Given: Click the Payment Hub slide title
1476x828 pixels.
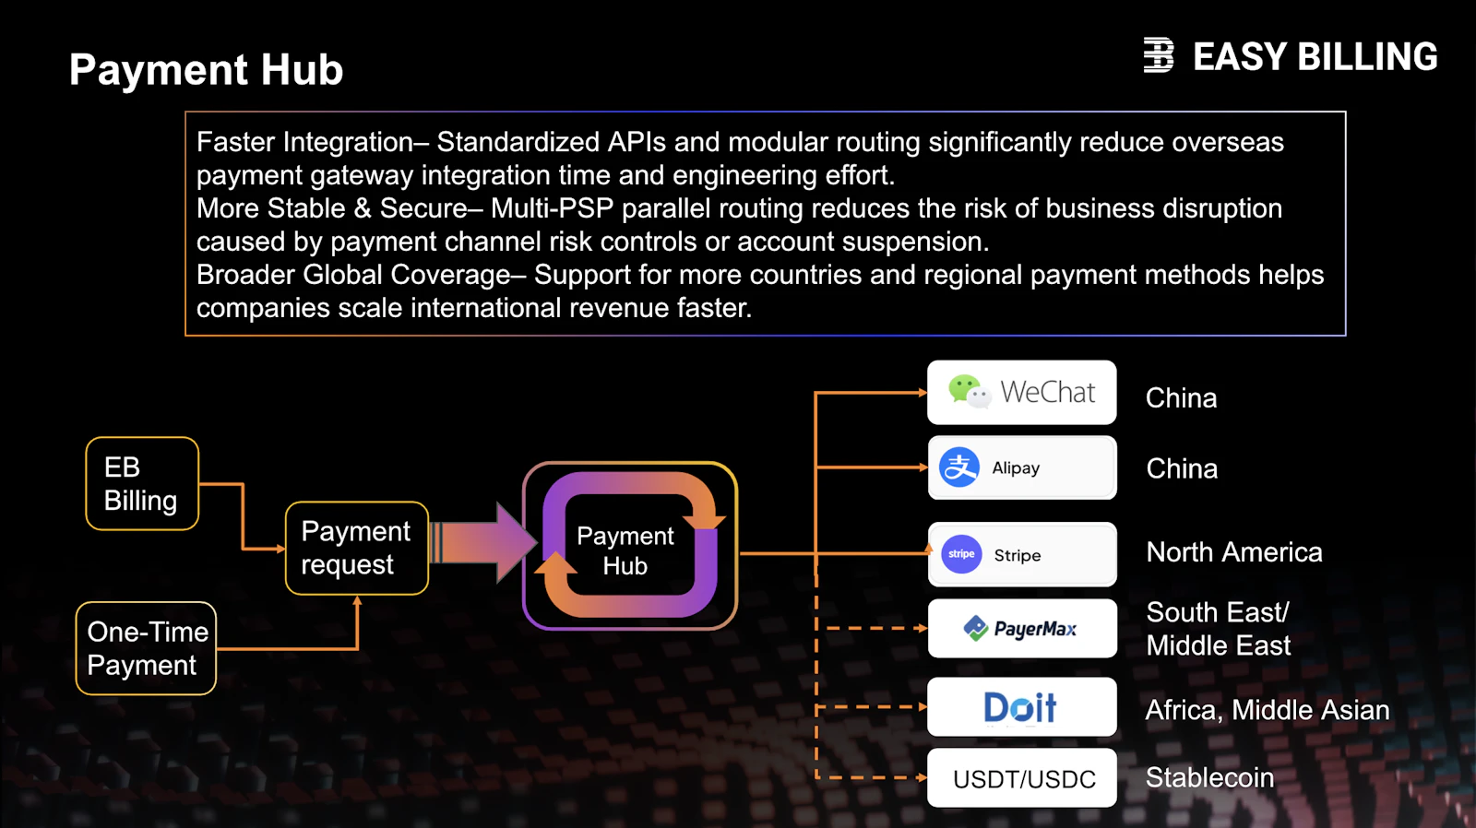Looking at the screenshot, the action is coord(207,69).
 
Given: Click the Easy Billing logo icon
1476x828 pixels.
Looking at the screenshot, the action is coord(1159,54).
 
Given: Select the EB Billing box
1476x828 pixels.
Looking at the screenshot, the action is coord(142,483).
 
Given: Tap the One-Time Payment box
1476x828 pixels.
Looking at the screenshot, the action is coord(147,648).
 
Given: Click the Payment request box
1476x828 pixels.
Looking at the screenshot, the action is coord(356,548).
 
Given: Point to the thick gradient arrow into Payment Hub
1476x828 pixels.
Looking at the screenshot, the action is coord(483,542).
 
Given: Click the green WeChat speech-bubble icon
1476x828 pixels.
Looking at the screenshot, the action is coord(969,392).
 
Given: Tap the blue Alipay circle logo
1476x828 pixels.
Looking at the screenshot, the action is coord(958,467).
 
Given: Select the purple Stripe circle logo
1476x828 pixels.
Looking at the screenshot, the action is coord(961,554).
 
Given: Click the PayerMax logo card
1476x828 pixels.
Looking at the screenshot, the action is coord(1022,629).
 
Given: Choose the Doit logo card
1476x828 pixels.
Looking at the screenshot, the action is coord(1022,707).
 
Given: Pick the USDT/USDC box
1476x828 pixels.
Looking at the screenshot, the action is coord(1022,778).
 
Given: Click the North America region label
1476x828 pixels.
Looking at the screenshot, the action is coord(1234,552).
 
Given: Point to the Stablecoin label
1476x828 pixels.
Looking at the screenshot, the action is coord(1209,778).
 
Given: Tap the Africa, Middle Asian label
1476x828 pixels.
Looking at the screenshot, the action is coord(1268,710).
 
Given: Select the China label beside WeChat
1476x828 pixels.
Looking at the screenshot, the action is coord(1182,397).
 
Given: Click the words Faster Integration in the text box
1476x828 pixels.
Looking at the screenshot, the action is coord(305,143).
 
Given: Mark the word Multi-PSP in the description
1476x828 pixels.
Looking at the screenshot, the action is coord(553,208).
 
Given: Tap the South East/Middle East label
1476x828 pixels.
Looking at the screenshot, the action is coord(1219,629).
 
